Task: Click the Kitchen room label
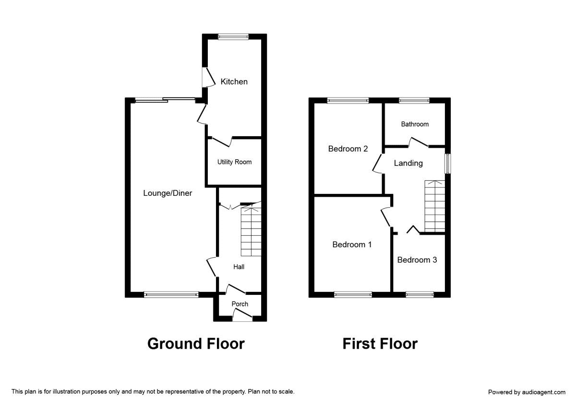tap(234, 82)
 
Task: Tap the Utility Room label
tap(234, 162)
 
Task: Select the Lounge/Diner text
tap(168, 193)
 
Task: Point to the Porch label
tap(240, 304)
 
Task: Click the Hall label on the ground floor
tap(239, 267)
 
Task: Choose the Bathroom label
tap(415, 124)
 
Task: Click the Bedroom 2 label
tap(348, 149)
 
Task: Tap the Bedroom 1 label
tap(352, 245)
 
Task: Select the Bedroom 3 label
tap(417, 260)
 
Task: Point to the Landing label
tap(408, 164)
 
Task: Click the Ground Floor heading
tap(196, 344)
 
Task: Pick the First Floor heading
tap(380, 344)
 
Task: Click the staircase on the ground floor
tap(251, 231)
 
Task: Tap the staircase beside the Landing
tap(434, 207)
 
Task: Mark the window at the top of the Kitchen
tap(233, 37)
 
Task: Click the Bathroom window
tap(414, 101)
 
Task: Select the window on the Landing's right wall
tap(447, 164)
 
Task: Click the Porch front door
tap(242, 316)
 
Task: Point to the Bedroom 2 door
tap(378, 164)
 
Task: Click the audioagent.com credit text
tap(527, 392)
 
